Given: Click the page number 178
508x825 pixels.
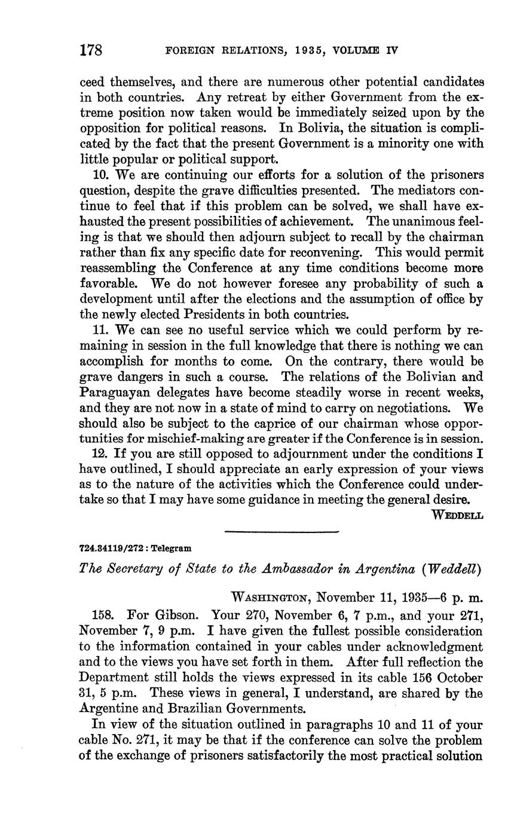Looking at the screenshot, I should (x=91, y=50).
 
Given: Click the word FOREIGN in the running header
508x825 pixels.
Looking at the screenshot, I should (x=189, y=50).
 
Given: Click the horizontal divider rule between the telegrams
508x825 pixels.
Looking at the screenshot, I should (x=281, y=531).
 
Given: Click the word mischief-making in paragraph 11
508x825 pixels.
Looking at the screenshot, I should (x=178, y=439).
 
